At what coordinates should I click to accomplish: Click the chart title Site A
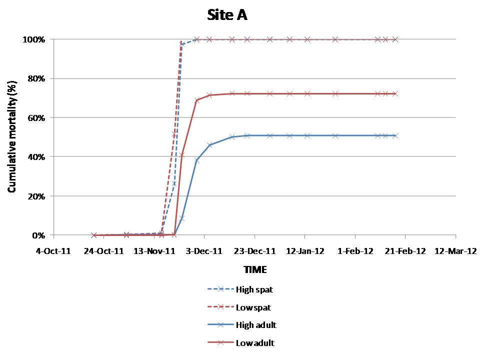(x=227, y=15)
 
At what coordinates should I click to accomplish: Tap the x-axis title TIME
(x=255, y=270)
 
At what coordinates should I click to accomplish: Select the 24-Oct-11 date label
(x=103, y=251)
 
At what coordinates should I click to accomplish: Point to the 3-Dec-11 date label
(x=204, y=251)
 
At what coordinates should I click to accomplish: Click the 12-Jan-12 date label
(x=305, y=251)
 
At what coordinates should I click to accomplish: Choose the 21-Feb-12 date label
(x=405, y=251)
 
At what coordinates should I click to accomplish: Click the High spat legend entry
(x=254, y=289)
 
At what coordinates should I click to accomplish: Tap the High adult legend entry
(x=256, y=325)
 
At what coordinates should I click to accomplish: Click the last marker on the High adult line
(x=395, y=135)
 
